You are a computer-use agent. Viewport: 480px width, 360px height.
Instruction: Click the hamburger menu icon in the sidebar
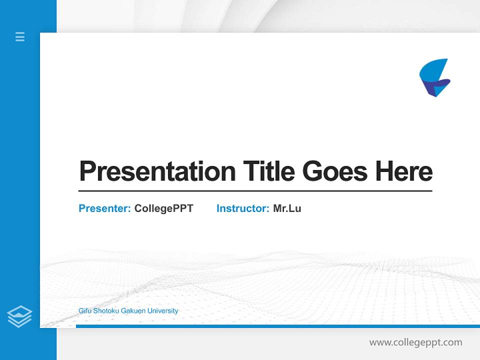tap(20, 36)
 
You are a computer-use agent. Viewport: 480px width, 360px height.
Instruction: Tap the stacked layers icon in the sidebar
tap(19, 316)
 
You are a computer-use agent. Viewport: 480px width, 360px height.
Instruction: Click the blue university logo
tap(434, 77)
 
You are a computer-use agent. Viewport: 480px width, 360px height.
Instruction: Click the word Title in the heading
tap(269, 171)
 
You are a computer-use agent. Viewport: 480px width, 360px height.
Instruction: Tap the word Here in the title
tap(404, 171)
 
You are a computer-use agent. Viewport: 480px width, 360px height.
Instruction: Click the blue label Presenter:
tap(104, 208)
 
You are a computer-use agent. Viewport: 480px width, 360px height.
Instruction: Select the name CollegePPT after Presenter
tap(163, 208)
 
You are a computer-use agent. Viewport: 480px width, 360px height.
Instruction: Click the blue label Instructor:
tap(242, 208)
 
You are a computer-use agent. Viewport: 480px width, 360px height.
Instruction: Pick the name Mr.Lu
tap(287, 208)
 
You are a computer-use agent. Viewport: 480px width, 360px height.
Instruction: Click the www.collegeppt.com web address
tap(415, 342)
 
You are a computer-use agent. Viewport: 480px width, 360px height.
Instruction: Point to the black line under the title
tap(255, 191)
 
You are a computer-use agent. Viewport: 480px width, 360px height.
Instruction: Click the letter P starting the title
tap(87, 171)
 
